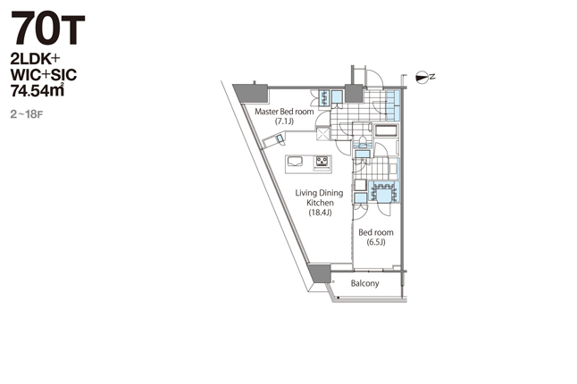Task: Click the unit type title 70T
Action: click(48, 28)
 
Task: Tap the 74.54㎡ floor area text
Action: click(38, 90)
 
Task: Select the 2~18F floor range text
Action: click(27, 114)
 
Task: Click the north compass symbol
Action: click(422, 77)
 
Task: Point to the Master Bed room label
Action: click(284, 112)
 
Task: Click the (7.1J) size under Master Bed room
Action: click(284, 121)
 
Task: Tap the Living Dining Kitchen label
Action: click(319, 197)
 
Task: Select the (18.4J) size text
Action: click(320, 213)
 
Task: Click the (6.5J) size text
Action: click(376, 242)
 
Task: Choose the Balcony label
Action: click(364, 283)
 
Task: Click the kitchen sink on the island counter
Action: click(295, 162)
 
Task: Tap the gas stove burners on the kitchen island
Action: click(322, 162)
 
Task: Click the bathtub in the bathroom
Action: click(386, 130)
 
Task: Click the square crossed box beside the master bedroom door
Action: click(323, 133)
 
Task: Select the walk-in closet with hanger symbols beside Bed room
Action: click(383, 191)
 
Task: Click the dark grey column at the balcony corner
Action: click(320, 273)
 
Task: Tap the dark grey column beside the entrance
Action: click(354, 94)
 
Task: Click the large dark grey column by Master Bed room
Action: click(251, 94)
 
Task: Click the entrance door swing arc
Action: click(378, 75)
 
